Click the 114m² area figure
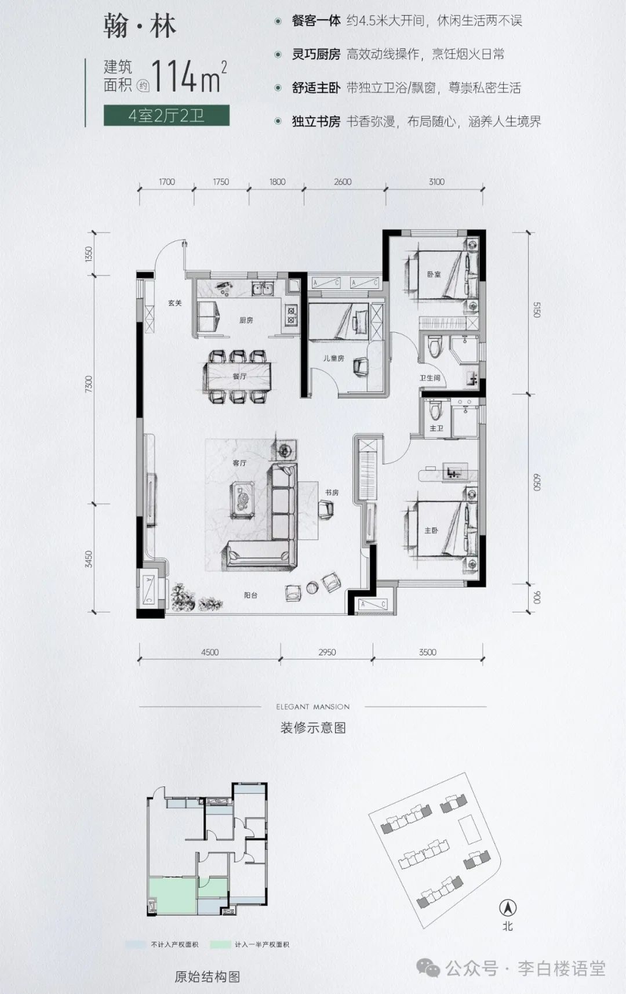coord(189,77)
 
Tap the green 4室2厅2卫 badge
coord(166,116)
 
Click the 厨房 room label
coord(246,320)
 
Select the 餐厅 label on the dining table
coord(239,376)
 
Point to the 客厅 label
coord(239,463)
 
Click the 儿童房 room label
coord(334,358)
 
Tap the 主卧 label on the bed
coord(431,530)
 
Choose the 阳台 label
coord(250,595)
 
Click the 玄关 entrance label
coord(175,303)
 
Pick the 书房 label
coord(332,492)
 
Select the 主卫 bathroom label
coord(436,428)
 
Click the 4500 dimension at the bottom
coord(210,652)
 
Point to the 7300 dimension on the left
coord(89,384)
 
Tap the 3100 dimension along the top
coord(436,182)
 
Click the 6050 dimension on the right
coord(536,482)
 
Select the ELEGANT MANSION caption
coord(313,706)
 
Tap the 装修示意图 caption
coord(313,728)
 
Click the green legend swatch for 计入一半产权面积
coord(220,944)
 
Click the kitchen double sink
coord(263,289)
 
